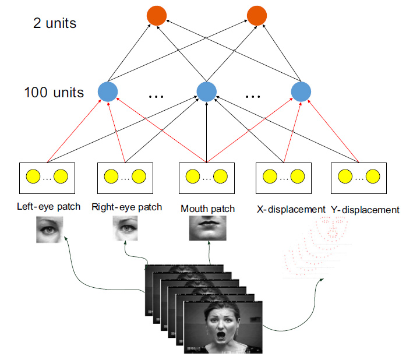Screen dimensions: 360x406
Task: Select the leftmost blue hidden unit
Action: click(x=108, y=91)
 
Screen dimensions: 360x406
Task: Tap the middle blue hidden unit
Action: click(x=206, y=91)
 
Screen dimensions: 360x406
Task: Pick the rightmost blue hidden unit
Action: click(x=300, y=91)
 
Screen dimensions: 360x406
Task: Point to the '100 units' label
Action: click(x=54, y=92)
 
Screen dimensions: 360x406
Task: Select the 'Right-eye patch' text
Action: click(x=126, y=207)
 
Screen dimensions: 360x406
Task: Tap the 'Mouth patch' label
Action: click(x=207, y=209)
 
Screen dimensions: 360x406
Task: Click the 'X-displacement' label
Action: click(x=291, y=209)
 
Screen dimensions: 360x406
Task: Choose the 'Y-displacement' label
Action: click(x=365, y=209)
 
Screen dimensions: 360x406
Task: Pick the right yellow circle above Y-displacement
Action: click(x=373, y=176)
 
